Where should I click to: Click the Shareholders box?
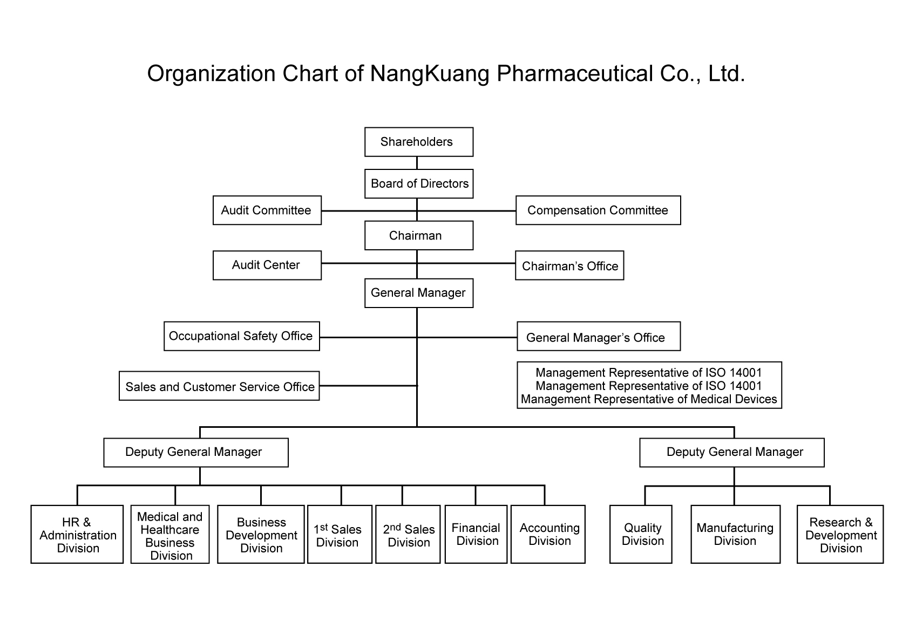(x=418, y=142)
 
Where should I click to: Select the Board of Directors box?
(x=419, y=183)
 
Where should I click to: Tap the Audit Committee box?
(x=267, y=210)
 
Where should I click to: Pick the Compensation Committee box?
(x=598, y=210)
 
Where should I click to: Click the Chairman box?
(x=418, y=235)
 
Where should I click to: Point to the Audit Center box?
(x=267, y=265)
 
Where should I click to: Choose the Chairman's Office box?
(x=569, y=265)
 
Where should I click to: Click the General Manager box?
(x=418, y=293)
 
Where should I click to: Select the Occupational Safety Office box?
(x=241, y=336)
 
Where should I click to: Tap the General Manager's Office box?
(x=598, y=337)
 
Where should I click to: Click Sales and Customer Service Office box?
(x=219, y=386)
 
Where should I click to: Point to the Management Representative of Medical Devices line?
(x=649, y=399)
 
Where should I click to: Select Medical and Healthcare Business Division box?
(x=169, y=535)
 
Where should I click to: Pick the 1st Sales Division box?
(x=339, y=535)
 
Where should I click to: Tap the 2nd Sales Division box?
(x=408, y=535)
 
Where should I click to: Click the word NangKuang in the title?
(x=429, y=73)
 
